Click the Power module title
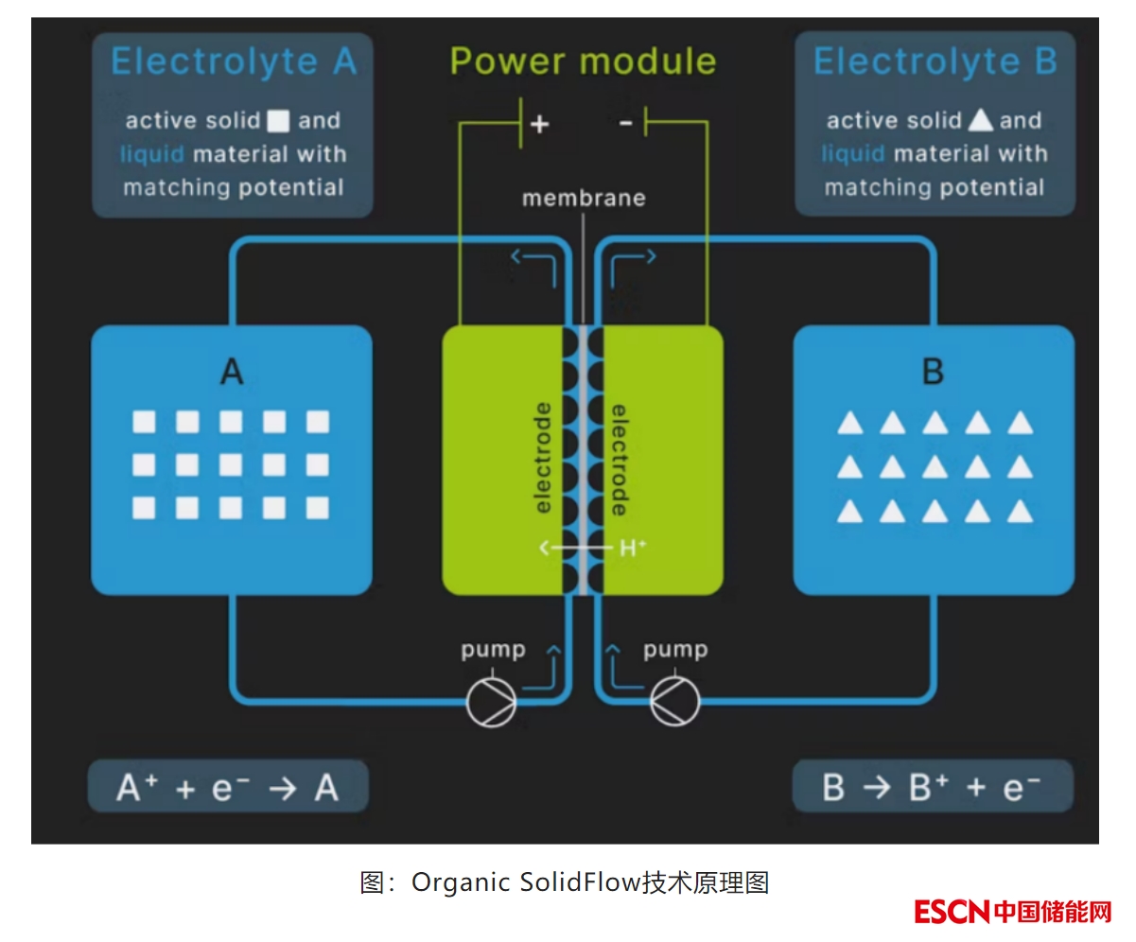point(583,61)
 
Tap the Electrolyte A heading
point(234,62)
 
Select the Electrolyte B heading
point(935,62)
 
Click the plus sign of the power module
point(540,124)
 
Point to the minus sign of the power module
point(625,123)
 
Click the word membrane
point(584,198)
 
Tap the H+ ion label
point(633,547)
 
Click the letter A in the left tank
point(232,373)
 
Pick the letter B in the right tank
point(933,373)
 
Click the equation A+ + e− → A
point(228,787)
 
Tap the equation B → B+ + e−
point(933,787)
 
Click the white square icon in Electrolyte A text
point(278,121)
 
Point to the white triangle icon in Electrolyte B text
point(981,121)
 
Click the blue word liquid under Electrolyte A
point(152,154)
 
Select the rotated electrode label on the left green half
point(543,459)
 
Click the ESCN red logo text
point(952,912)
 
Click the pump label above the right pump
point(674,650)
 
